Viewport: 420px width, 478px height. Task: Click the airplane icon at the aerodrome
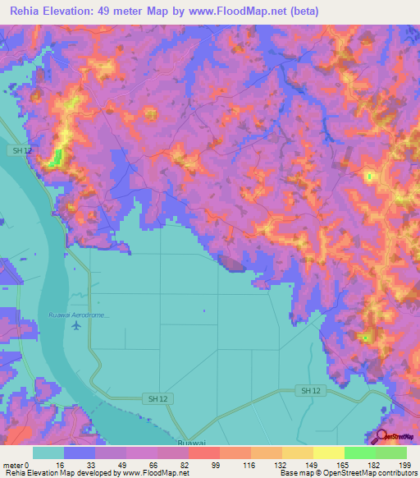(76, 326)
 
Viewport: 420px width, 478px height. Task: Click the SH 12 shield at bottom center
(158, 398)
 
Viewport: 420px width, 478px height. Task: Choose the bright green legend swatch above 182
(360, 453)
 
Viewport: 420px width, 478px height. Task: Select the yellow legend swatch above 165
(329, 453)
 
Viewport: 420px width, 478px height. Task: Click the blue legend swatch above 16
(80, 453)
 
